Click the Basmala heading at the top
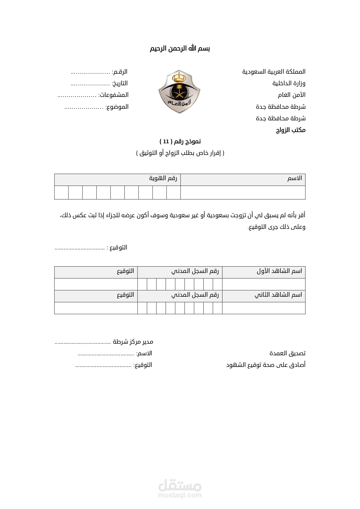click(180, 48)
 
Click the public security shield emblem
click(179, 92)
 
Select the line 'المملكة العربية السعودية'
click(274, 72)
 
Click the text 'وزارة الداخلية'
click(289, 84)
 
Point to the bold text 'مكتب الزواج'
click(290, 130)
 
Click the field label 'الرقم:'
click(120, 72)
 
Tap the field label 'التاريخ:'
click(120, 84)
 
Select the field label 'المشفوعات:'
click(113, 95)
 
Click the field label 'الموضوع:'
click(117, 107)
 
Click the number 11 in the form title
click(166, 142)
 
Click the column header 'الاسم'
click(294, 178)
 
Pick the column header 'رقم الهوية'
click(163, 178)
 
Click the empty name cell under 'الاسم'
click(243, 193)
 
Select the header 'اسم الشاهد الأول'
click(279, 271)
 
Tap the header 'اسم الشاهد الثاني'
click(278, 295)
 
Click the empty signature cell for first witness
click(96, 284)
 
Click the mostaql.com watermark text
click(180, 495)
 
